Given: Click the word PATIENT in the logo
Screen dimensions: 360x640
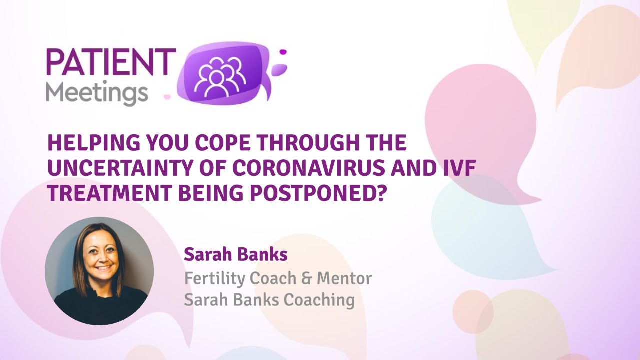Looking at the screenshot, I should [x=110, y=61].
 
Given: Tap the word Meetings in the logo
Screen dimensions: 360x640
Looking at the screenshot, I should [x=97, y=93].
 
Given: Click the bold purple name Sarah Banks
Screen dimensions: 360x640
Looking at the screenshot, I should [x=235, y=255].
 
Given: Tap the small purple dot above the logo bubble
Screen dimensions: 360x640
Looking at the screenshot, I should [x=283, y=51].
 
